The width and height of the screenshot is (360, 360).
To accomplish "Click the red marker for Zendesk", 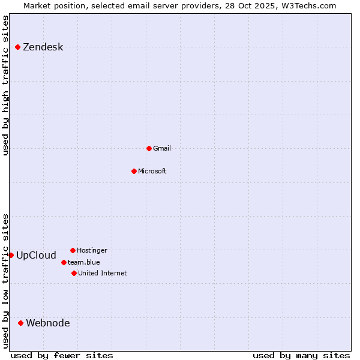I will pos(17,47).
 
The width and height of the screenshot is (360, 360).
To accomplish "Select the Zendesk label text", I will pos(43,47).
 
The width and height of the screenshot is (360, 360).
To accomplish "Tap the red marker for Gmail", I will pos(149,148).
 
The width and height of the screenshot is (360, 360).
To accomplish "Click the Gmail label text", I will pos(162,148).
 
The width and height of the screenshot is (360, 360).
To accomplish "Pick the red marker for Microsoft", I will pos(134,171).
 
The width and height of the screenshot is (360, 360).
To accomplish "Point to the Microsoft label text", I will pos(152,171).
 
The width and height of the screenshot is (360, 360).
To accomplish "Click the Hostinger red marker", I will pos(73,250).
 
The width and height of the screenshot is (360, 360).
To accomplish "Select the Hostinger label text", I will pos(92,250).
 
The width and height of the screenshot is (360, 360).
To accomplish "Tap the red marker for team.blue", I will pos(64,262).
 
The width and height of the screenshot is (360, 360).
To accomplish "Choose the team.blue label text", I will pos(83,262).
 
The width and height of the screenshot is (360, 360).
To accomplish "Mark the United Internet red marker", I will pos(74,273).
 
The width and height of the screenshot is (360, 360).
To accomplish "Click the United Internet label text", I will pos(102,273).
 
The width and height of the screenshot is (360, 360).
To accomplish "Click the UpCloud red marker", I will pos(11,255).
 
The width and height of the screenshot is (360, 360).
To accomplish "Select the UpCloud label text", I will pos(36,255).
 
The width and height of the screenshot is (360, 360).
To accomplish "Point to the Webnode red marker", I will pos(20,323).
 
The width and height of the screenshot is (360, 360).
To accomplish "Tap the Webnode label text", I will pos(47,323).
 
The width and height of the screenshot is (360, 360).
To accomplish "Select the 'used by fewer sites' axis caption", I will pos(62,355).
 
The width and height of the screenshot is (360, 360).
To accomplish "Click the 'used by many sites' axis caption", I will pos(301,355).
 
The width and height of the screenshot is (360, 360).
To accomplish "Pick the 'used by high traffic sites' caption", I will pos(5,86).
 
